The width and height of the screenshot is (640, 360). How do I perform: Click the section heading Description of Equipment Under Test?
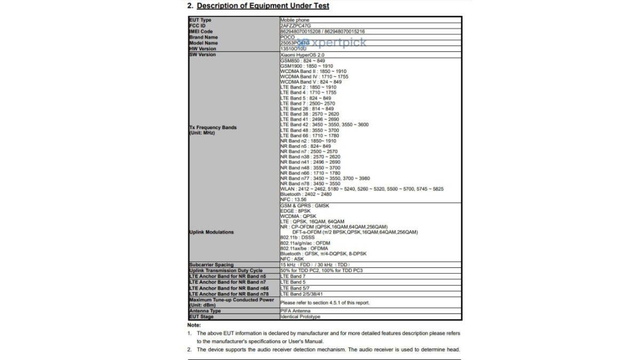tap(263, 6)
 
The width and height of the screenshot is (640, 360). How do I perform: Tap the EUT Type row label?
tap(201, 20)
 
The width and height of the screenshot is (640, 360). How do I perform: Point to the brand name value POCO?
tap(287, 37)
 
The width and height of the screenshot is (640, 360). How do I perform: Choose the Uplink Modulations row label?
tap(211, 233)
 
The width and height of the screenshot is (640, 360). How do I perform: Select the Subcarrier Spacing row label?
tap(211, 265)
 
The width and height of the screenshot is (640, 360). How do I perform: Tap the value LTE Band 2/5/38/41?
tap(302, 294)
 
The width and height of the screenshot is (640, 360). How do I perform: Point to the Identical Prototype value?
tap(300, 317)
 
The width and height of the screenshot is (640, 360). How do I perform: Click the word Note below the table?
tap(194, 325)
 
